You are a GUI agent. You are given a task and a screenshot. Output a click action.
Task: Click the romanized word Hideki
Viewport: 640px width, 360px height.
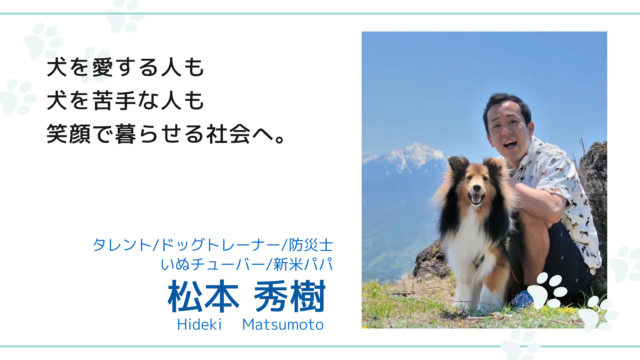[199, 324]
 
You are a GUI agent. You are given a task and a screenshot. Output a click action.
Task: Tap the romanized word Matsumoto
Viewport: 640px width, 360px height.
[283, 324]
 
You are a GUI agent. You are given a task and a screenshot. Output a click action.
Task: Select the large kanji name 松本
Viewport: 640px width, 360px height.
[203, 296]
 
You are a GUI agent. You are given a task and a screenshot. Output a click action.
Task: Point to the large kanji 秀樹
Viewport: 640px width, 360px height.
[290, 296]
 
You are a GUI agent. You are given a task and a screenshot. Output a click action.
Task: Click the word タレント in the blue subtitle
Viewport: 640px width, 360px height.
[122, 245]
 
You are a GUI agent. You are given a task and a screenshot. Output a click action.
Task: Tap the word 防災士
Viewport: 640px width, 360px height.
[311, 245]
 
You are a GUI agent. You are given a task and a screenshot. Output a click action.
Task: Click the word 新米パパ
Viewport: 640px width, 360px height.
[303, 264]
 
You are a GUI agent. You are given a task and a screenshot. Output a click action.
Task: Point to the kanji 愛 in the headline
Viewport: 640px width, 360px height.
[103, 67]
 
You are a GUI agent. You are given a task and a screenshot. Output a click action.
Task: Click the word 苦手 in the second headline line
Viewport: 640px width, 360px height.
[114, 100]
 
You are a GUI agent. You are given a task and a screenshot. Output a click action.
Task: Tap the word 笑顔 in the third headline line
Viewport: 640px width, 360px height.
[69, 134]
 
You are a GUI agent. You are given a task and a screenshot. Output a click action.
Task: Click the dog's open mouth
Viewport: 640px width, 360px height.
[476, 198]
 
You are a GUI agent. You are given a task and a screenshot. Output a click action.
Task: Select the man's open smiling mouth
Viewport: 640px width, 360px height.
[510, 143]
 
